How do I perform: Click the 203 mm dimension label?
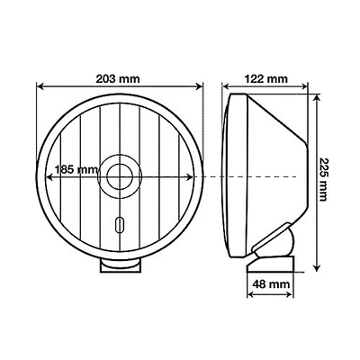pos(119,77)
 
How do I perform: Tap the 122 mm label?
pos(267,78)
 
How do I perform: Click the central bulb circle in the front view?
pos(119,175)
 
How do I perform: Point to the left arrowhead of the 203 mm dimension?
pos(39,88)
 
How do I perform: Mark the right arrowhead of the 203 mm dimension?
pos(200,88)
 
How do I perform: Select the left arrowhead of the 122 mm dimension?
pos(226,88)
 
